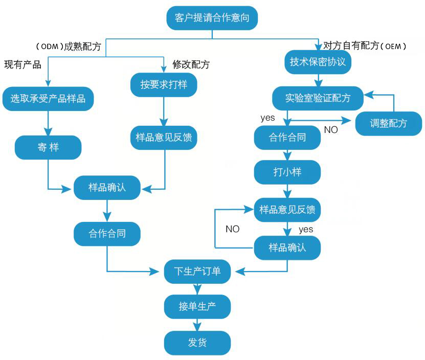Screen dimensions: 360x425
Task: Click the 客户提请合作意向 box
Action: [212, 19]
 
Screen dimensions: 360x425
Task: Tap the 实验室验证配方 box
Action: [318, 98]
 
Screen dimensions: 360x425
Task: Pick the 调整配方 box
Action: [389, 123]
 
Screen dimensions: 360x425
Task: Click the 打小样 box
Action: [287, 172]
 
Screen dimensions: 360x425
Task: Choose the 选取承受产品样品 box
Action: [48, 99]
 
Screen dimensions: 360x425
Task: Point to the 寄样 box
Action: [48, 147]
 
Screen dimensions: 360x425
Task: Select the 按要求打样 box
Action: [164, 84]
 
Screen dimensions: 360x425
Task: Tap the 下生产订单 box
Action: [197, 272]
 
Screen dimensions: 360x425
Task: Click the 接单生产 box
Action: [197, 307]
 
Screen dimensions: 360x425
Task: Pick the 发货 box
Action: [197, 342]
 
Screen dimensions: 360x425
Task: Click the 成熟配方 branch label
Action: [82, 46]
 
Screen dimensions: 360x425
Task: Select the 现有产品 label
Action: [23, 64]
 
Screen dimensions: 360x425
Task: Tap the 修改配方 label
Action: [191, 64]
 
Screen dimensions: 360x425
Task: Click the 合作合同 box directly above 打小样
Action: [287, 137]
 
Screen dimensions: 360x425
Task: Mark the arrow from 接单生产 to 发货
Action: [197, 325]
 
